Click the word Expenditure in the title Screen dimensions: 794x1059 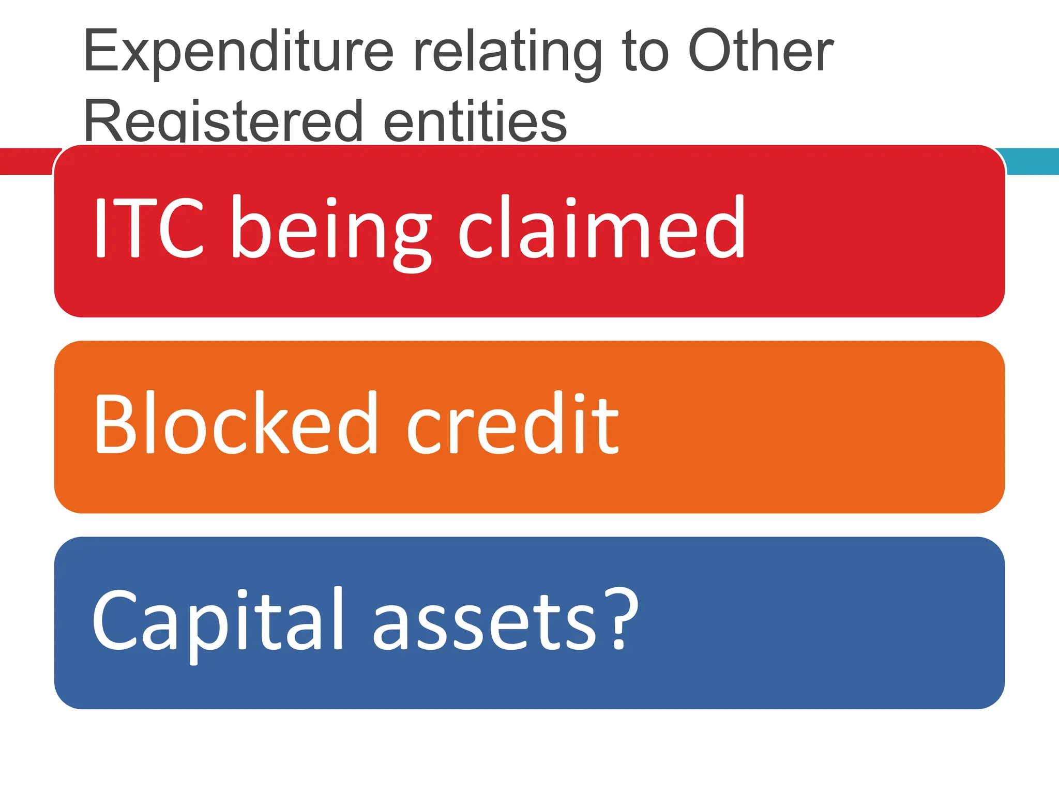pyautogui.click(x=238, y=52)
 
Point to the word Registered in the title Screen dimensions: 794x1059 pyautogui.click(x=223, y=121)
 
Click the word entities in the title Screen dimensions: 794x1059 pyautogui.click(x=475, y=121)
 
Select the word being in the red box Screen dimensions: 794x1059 pyautogui.click(x=330, y=230)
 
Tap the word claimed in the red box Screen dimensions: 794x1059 pyautogui.click(x=601, y=227)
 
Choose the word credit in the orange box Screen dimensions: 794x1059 pyautogui.click(x=512, y=424)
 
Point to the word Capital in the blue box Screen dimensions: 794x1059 pyautogui.click(x=217, y=620)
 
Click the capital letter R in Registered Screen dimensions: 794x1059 pyautogui.click(x=101, y=121)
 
